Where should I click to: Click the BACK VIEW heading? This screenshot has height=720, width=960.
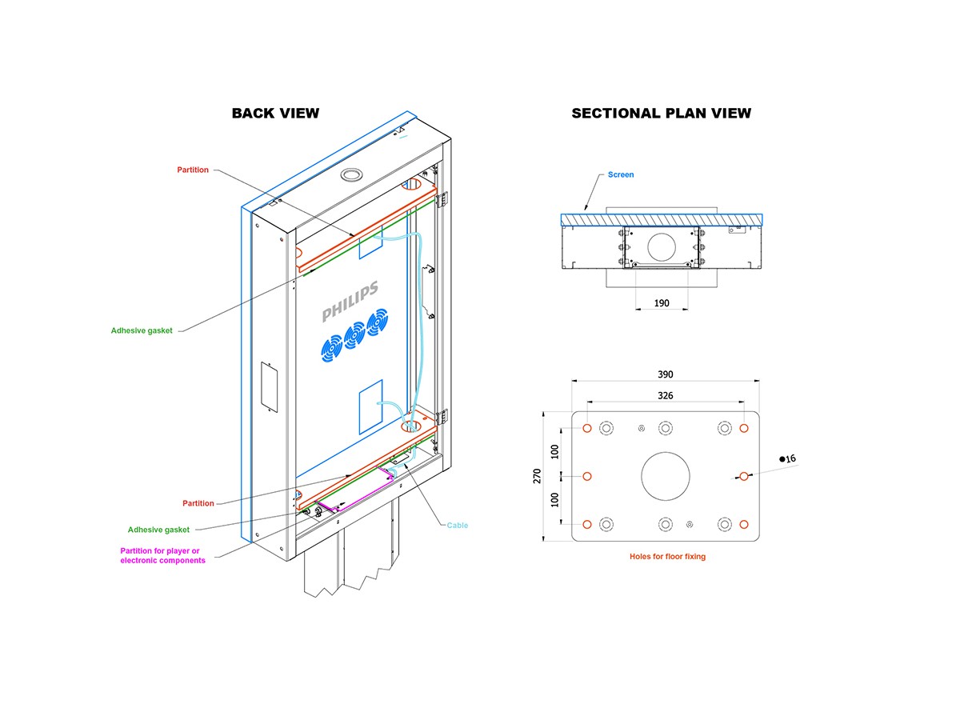click(275, 113)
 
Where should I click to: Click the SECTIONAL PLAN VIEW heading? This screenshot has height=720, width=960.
click(661, 113)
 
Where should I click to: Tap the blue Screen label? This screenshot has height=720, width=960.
click(621, 174)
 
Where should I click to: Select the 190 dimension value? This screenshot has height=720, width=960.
click(661, 303)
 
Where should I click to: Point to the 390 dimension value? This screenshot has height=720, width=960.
click(666, 374)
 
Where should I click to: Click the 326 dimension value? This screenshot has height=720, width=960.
click(666, 395)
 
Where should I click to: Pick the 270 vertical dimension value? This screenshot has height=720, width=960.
click(538, 476)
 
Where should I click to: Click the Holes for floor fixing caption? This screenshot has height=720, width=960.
click(667, 556)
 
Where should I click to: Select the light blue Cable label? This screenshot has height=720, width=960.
click(458, 526)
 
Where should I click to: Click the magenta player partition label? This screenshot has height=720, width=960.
click(162, 555)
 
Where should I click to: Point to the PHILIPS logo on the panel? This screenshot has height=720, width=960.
click(350, 302)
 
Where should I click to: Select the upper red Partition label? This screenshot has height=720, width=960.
click(193, 170)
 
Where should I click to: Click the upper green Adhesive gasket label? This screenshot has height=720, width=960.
click(142, 330)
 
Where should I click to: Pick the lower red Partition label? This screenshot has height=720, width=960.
click(198, 503)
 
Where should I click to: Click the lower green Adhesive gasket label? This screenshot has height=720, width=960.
click(158, 530)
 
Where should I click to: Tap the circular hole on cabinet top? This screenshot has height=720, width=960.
click(352, 174)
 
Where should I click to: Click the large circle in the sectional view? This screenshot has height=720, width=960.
click(662, 246)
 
